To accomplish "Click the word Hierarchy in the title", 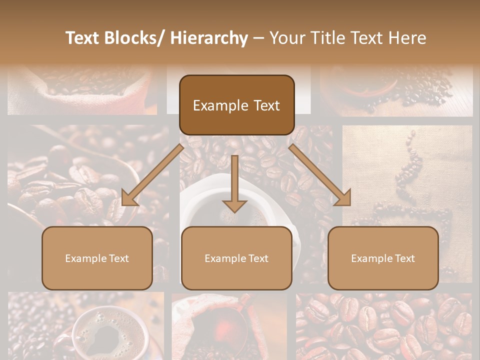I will click(x=209, y=38).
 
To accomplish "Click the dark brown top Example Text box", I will click(x=236, y=105).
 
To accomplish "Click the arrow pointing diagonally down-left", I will click(x=153, y=175).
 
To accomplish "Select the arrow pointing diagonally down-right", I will click(x=320, y=175).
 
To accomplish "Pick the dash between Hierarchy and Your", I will click(x=258, y=38).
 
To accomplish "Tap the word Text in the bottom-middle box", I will click(x=258, y=258).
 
